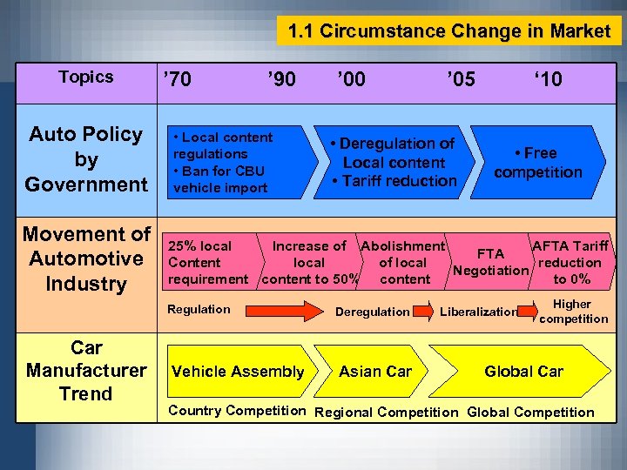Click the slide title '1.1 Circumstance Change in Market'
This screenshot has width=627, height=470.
click(x=449, y=31)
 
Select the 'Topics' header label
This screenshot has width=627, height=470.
click(x=85, y=77)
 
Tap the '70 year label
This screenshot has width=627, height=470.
click(x=178, y=80)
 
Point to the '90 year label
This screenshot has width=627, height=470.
click(x=281, y=80)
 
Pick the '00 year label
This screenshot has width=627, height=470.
click(x=351, y=80)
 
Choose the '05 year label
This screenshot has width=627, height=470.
click(x=460, y=80)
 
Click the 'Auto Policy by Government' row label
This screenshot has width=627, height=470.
click(x=85, y=159)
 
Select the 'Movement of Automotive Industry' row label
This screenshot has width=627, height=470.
click(x=85, y=258)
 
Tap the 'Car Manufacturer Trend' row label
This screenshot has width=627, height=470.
click(x=85, y=371)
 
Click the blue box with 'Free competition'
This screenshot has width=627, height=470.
click(x=537, y=163)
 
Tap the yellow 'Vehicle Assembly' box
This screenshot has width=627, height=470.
click(x=238, y=372)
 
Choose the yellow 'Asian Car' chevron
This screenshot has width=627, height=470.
click(x=375, y=372)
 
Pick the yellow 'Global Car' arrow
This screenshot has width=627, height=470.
click(x=523, y=372)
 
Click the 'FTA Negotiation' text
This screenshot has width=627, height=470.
click(x=491, y=262)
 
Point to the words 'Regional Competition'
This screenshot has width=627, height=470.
click(x=386, y=413)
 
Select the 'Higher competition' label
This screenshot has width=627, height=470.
click(x=573, y=312)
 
